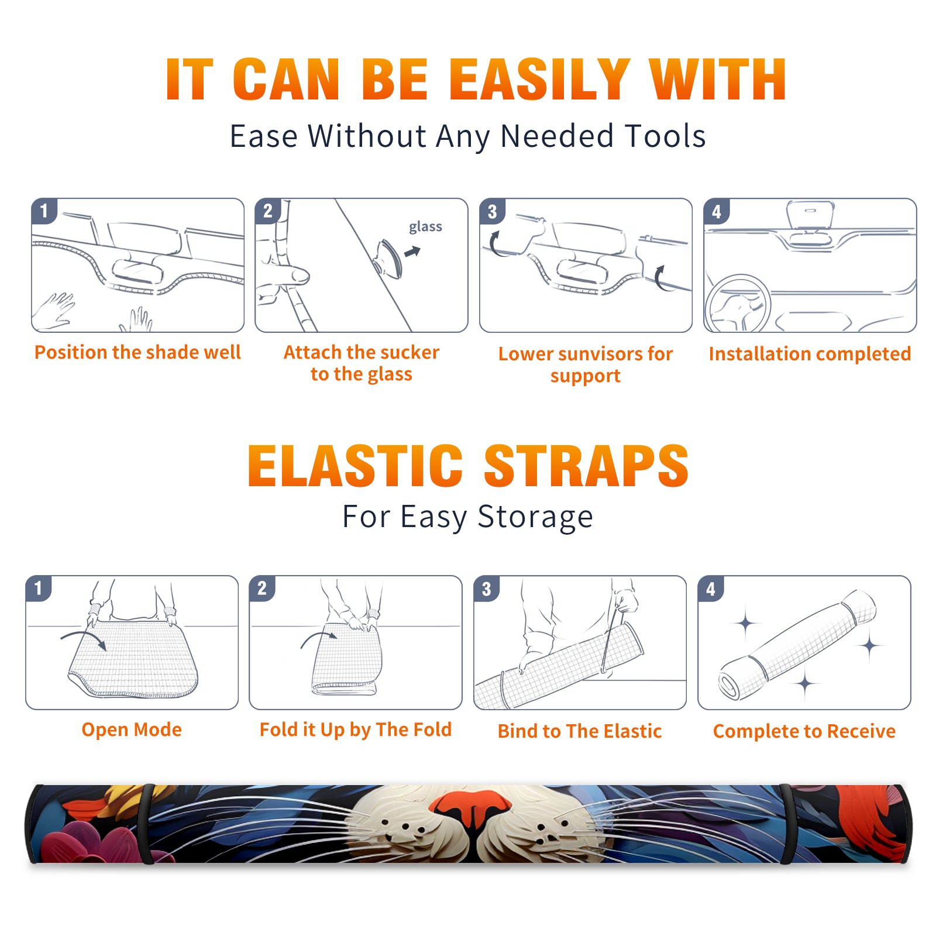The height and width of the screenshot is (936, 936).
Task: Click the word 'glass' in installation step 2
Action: (x=425, y=227)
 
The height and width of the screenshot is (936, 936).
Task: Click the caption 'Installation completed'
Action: (x=810, y=354)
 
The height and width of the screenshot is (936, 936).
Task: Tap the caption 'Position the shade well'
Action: (x=137, y=352)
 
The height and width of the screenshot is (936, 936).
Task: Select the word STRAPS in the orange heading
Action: (x=586, y=466)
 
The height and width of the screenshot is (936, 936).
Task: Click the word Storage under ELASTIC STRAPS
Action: (x=535, y=517)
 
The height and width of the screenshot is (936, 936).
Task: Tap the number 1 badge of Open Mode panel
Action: (x=39, y=588)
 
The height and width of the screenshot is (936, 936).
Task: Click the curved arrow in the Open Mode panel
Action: (x=84, y=638)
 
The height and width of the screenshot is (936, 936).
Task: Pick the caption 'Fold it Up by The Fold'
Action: (x=356, y=729)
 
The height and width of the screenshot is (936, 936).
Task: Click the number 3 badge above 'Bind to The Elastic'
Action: (x=487, y=589)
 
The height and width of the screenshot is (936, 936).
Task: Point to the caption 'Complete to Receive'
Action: (x=804, y=731)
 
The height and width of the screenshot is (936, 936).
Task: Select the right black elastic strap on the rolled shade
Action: (x=786, y=824)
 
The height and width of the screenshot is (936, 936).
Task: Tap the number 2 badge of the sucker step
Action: (x=268, y=211)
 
